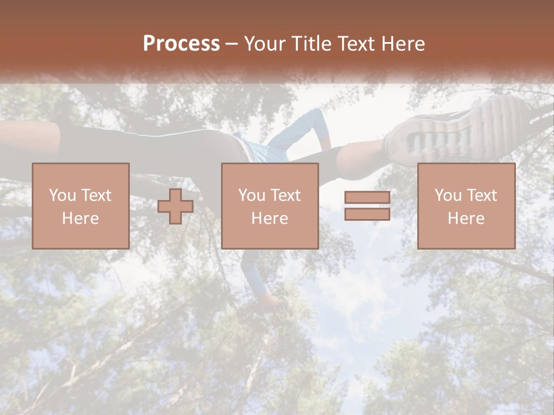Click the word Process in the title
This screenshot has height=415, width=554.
181,44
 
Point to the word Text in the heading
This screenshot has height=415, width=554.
356,44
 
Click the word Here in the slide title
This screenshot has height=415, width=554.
403,44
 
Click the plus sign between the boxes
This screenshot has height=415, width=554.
175,206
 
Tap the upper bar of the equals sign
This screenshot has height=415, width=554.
367,198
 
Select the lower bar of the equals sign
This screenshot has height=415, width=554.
367,214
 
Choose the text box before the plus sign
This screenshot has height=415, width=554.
81,206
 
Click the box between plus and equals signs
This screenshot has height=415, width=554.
270,206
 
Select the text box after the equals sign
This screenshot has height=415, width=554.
466,206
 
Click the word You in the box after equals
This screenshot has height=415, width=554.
448,195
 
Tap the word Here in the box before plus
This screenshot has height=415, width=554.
81,218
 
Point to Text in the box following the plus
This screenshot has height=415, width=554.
287,195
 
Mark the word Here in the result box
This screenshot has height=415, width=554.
466,218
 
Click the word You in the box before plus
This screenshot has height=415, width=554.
62,195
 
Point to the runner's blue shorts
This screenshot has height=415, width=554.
263,150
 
